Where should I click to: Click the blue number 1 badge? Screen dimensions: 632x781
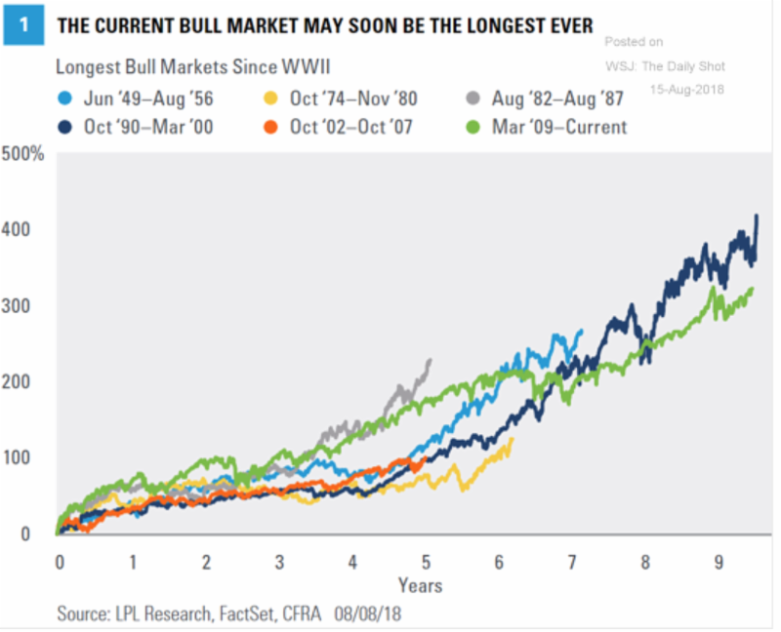click(x=22, y=26)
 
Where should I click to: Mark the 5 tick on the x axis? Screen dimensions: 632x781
click(x=426, y=563)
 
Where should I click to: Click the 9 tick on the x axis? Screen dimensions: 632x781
click(x=718, y=563)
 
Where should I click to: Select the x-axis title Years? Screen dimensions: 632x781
click(x=420, y=585)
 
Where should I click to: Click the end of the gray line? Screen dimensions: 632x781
click(x=430, y=360)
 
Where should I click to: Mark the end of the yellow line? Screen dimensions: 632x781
click(x=512, y=438)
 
